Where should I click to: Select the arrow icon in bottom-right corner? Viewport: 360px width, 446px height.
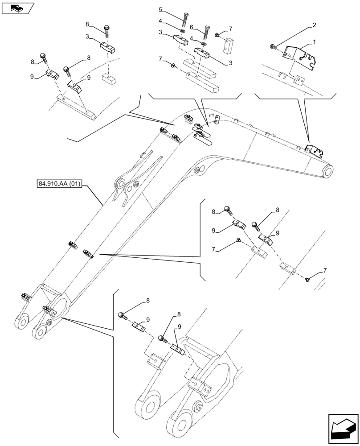[x=343, y=429]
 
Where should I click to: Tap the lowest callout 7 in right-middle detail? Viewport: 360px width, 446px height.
[x=325, y=271]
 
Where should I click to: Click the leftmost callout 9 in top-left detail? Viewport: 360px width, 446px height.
[x=32, y=76]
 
